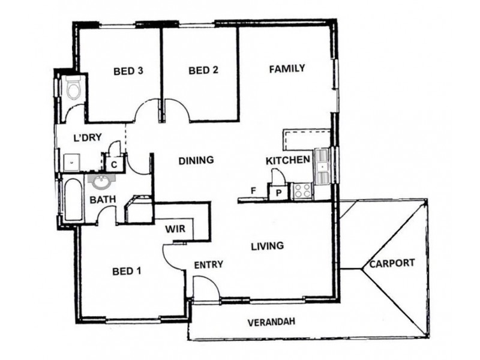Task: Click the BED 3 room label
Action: [x=128, y=71]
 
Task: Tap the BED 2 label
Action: [x=203, y=70]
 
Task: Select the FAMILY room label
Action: [x=287, y=68]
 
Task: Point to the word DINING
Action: [x=196, y=160]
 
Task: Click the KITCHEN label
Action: [x=287, y=160]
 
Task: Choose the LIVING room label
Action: [x=267, y=245]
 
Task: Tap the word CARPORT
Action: [x=392, y=263]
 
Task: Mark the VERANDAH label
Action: [x=272, y=322]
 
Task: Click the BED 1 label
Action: [x=127, y=271]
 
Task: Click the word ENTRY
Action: [x=209, y=264]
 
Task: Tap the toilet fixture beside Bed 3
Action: [x=74, y=89]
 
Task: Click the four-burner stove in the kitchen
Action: [x=301, y=191]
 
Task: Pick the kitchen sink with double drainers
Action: [x=323, y=164]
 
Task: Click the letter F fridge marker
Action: [x=254, y=191]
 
